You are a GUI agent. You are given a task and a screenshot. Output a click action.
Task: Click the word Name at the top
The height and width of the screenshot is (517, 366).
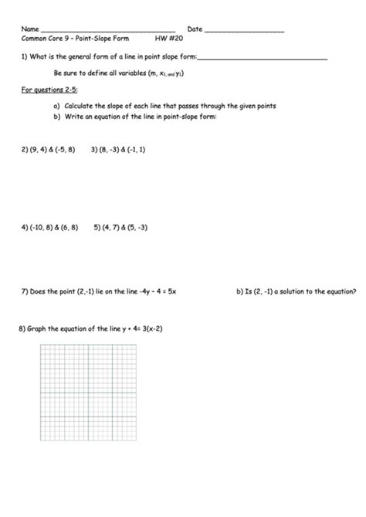tap(29, 29)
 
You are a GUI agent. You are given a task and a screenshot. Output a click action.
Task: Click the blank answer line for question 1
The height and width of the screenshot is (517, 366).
tap(263, 58)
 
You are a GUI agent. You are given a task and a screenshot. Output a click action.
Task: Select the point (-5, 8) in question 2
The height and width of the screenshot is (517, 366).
tap(64, 150)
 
